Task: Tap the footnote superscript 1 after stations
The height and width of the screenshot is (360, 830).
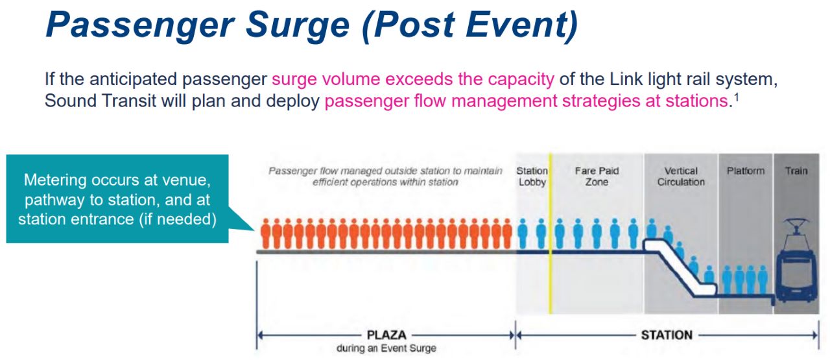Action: click(x=737, y=97)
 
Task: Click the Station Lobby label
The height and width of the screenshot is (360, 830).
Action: click(x=532, y=176)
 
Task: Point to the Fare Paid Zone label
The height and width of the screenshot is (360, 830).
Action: click(x=597, y=176)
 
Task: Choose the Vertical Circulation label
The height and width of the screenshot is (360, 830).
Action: click(x=681, y=176)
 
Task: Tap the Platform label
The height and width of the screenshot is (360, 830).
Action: click(x=746, y=171)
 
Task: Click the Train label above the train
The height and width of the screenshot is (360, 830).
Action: click(x=796, y=171)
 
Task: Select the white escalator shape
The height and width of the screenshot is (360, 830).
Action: click(x=680, y=268)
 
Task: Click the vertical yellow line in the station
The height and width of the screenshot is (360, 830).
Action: click(x=551, y=234)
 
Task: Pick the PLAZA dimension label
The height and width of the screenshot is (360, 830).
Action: click(x=386, y=335)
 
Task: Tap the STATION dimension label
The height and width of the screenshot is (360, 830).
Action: click(x=667, y=335)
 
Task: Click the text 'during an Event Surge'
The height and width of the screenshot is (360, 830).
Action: click(x=386, y=348)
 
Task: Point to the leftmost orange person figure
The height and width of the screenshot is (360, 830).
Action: click(x=265, y=234)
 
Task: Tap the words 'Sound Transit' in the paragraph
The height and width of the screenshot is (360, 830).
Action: click(x=101, y=101)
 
